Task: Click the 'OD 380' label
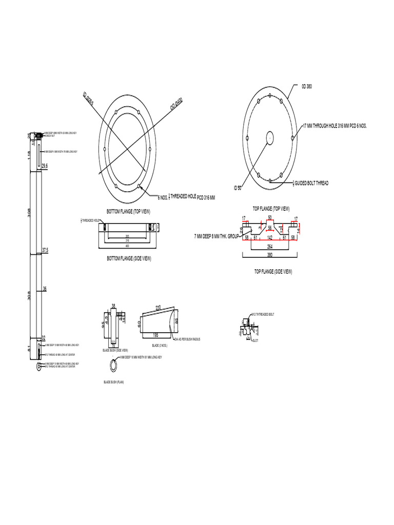(x=306, y=86)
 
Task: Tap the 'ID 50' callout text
(x=238, y=189)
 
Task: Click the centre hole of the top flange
(x=269, y=137)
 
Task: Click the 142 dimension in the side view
(x=270, y=238)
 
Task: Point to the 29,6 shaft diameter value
(x=45, y=166)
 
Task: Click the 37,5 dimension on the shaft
(x=45, y=250)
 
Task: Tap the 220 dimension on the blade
(x=158, y=307)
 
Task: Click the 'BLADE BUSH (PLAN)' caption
(x=114, y=382)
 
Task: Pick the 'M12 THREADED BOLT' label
(x=262, y=315)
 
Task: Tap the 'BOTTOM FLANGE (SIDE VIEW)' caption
(x=128, y=259)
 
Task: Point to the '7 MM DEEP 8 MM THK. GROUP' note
(x=217, y=236)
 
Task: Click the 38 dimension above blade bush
(x=113, y=306)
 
